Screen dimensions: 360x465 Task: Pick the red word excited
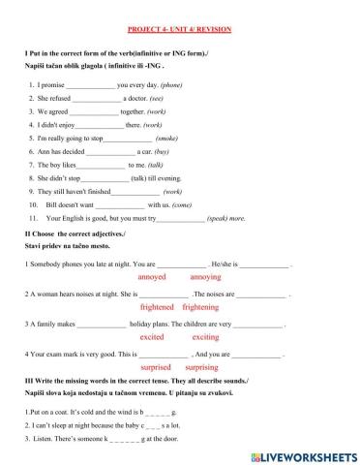pyautogui.click(x=152, y=337)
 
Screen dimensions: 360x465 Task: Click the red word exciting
pyautogui.click(x=205, y=337)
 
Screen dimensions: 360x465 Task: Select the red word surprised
pyautogui.click(x=156, y=368)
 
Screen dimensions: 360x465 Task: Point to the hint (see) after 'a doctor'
pyautogui.click(x=157, y=99)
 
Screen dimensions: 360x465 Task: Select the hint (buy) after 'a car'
pyautogui.click(x=162, y=152)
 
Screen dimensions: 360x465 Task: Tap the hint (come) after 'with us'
pyautogui.click(x=188, y=205)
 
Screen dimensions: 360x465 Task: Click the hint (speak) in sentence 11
pyautogui.click(x=223, y=218)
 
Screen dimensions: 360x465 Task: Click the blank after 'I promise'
pyautogui.click(x=91, y=85)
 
